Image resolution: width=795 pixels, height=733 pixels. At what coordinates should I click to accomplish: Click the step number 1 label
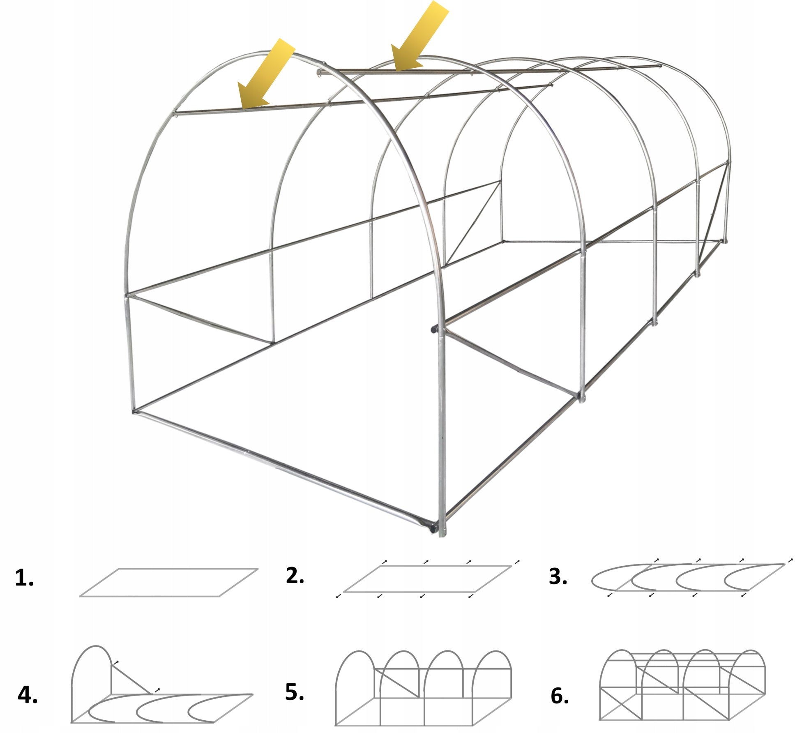[x=24, y=578]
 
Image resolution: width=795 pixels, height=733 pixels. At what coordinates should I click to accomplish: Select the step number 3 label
[x=558, y=576]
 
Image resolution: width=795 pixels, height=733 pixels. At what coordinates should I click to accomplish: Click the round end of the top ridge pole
[x=319, y=72]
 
